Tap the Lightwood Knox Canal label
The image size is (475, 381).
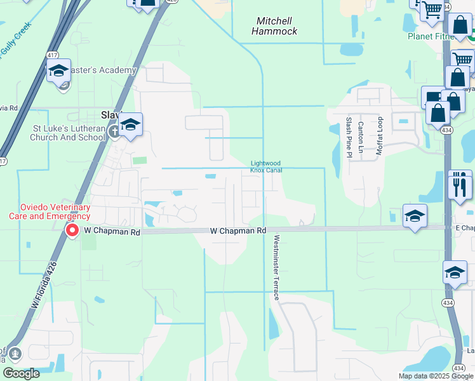[265, 166]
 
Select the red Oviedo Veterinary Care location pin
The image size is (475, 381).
[72, 230]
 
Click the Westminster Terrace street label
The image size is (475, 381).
[276, 267]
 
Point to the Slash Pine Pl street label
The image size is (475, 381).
[349, 137]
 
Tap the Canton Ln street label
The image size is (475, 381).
[361, 137]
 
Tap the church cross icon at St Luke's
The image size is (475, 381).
[114, 132]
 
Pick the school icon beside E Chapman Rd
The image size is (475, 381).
[415, 217]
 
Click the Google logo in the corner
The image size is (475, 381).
[22, 373]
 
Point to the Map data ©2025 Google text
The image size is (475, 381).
[435, 376]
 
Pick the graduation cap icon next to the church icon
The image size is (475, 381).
[130, 124]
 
